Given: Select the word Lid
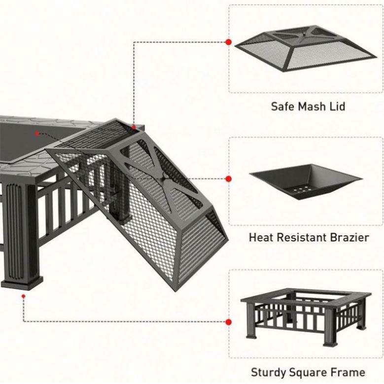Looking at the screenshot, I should (x=338, y=106).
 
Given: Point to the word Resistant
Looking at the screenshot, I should (x=299, y=238).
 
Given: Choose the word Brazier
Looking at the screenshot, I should (x=349, y=238).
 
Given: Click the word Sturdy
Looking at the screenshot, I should (x=270, y=372).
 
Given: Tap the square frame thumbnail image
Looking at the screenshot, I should (x=306, y=316).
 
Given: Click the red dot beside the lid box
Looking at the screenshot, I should (x=228, y=42).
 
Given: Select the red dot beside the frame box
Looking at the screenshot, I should (x=228, y=322).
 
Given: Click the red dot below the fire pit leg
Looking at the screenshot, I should (x=23, y=296).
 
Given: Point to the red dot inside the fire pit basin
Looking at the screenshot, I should (x=37, y=133).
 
